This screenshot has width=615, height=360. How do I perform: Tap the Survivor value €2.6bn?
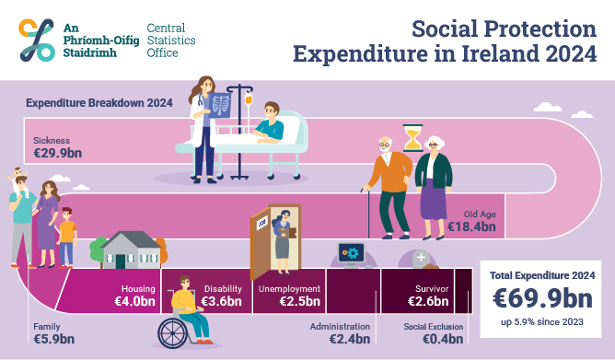tap(427, 300)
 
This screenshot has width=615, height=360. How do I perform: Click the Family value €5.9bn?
tap(53, 339)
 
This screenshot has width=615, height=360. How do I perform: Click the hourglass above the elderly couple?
tap(412, 139)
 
